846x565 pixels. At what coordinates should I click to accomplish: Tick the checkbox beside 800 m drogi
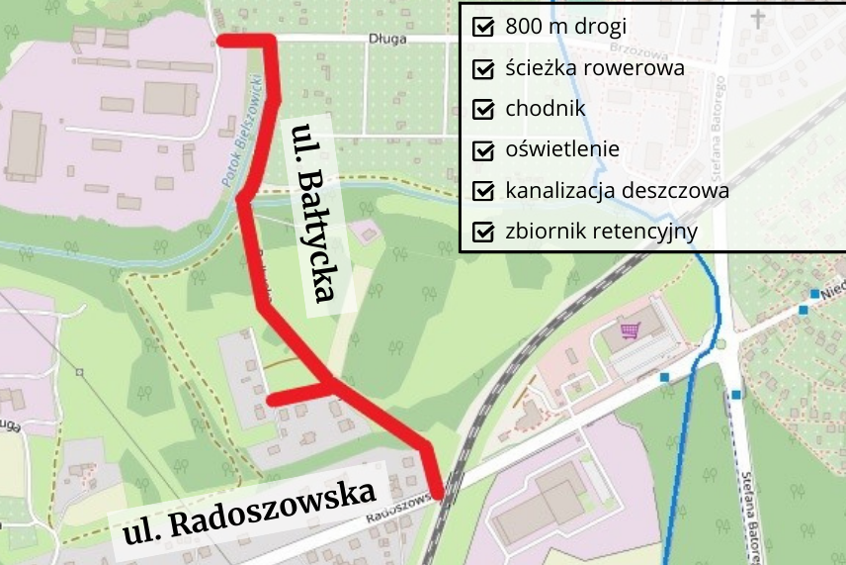point(484,27)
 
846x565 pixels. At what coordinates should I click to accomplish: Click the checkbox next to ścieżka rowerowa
point(484,69)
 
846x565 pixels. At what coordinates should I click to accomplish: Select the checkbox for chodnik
point(484,109)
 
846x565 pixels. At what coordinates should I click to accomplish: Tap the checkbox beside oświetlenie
point(484,150)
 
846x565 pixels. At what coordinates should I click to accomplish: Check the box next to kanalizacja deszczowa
point(484,191)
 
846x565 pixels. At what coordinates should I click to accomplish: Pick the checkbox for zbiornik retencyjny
point(484,233)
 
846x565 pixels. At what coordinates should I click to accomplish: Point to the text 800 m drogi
point(565,27)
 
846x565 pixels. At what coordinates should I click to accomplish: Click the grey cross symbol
point(758,19)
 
